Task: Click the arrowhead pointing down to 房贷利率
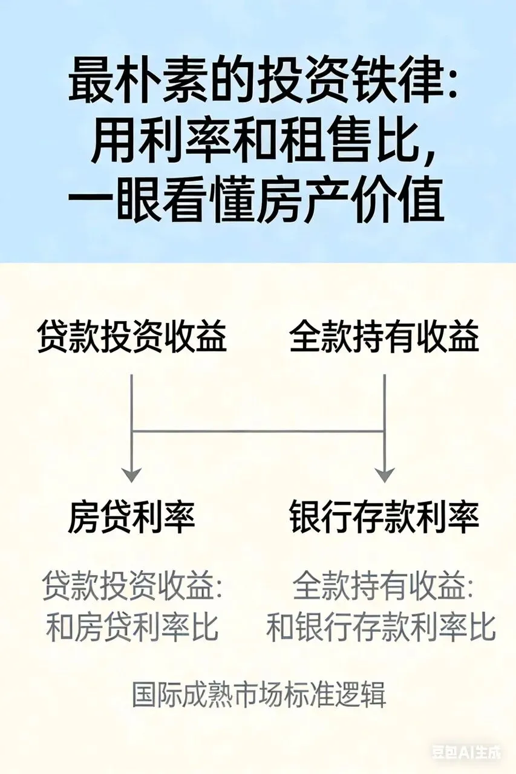click(132, 474)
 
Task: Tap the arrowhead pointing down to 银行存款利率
click(385, 474)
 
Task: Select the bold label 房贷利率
click(132, 518)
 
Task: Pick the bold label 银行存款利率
click(384, 518)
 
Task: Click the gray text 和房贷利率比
click(132, 628)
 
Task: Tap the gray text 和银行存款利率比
click(381, 628)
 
